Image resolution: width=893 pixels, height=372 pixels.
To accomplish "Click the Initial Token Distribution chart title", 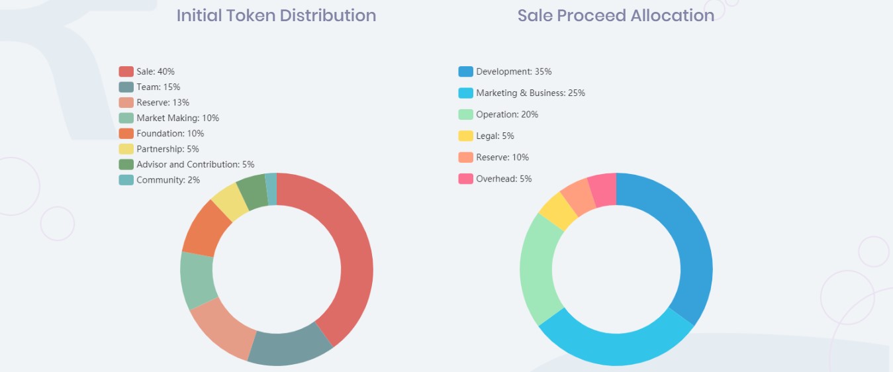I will click(x=276, y=15).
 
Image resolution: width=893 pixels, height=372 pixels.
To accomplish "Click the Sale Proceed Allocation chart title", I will click(x=616, y=15).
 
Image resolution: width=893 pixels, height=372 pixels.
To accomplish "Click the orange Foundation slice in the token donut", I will click(x=205, y=228).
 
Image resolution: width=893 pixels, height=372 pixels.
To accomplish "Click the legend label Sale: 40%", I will click(x=156, y=71).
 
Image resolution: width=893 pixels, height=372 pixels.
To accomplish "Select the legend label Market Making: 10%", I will click(x=177, y=118).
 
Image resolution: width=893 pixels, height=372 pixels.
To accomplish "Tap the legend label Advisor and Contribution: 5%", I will click(x=195, y=164).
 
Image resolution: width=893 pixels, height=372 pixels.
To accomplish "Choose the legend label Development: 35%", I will click(x=514, y=71).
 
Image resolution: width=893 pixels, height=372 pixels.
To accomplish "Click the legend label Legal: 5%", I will click(x=495, y=136).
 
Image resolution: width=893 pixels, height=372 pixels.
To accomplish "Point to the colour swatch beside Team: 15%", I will click(x=126, y=87).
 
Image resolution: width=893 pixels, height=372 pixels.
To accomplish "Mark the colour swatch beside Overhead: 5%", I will click(x=465, y=179).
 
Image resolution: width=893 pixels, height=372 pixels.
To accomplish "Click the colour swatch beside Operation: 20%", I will click(x=465, y=115).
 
